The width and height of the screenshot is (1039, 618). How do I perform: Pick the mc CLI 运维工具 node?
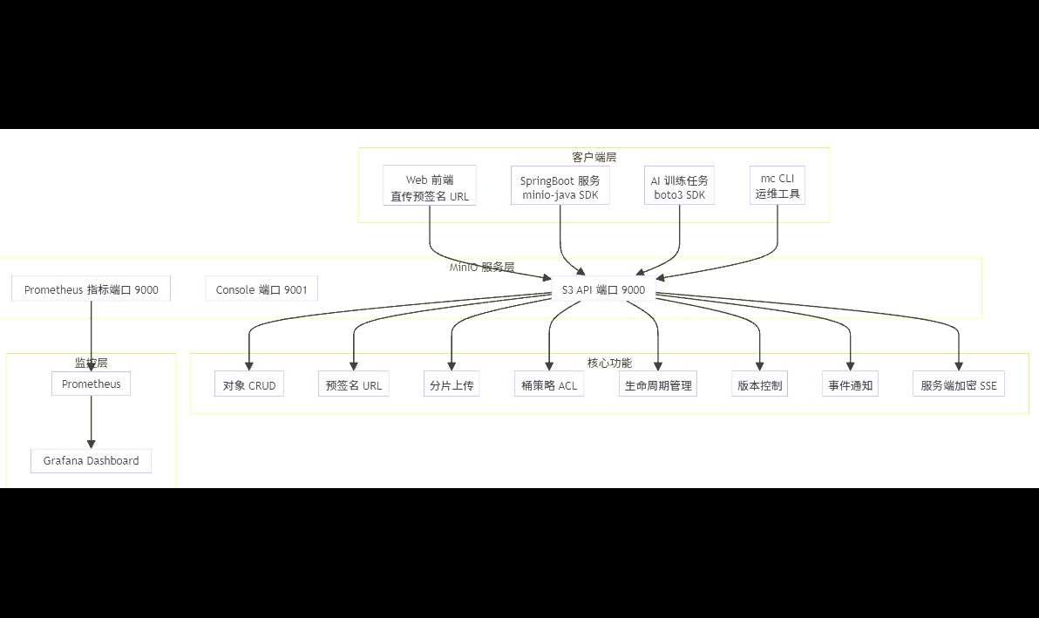point(778,186)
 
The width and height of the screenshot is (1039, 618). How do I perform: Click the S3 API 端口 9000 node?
point(603,289)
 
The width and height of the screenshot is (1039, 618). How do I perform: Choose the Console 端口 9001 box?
point(261,289)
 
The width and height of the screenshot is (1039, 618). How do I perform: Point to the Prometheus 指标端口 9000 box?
point(92,289)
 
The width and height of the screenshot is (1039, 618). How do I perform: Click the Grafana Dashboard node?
point(92,460)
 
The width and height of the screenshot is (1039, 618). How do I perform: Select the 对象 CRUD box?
point(249,384)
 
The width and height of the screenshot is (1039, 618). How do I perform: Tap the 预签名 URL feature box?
point(353,384)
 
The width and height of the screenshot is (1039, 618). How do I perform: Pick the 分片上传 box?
point(452,384)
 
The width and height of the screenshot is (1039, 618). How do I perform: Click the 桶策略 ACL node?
point(549,384)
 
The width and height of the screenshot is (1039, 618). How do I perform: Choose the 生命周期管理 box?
point(658,384)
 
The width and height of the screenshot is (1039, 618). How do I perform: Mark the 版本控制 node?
point(760,384)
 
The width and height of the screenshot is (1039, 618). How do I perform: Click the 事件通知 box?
point(850,384)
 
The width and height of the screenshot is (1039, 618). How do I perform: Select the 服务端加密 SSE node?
point(959,384)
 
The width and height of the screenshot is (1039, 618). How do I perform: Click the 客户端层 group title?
point(594,157)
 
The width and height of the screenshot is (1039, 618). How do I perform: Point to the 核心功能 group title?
point(610,363)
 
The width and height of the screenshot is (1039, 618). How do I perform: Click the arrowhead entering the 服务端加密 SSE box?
point(959,366)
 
